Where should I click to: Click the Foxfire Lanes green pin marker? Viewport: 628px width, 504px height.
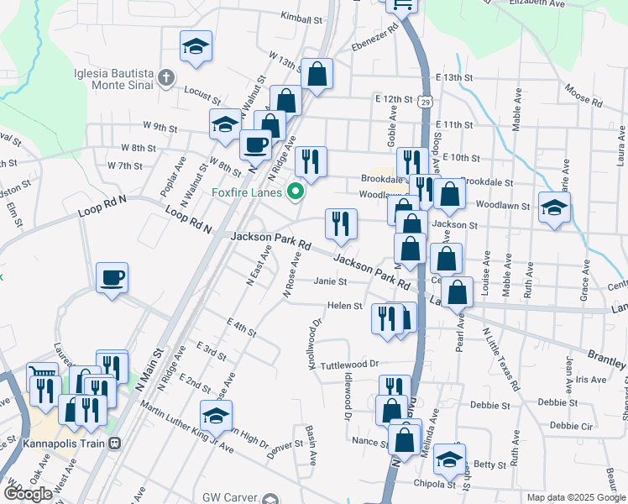[x=295, y=192]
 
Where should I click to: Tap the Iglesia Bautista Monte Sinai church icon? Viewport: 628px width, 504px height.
[x=166, y=78]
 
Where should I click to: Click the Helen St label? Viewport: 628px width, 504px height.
[x=344, y=306]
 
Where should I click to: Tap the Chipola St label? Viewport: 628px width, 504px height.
[x=433, y=484]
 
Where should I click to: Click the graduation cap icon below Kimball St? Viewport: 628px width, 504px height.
[x=196, y=45]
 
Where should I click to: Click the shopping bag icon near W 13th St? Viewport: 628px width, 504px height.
[x=318, y=73]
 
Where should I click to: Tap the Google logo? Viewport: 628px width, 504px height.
[x=28, y=494]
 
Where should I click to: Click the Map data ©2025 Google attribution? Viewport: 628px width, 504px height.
[x=575, y=497]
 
